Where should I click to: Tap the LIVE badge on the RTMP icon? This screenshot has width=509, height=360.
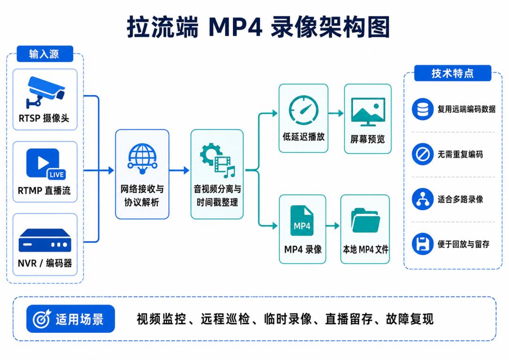click(x=57, y=175)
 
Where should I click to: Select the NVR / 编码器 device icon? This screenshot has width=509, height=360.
click(x=45, y=240)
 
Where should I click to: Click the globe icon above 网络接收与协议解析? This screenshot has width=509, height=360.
click(x=142, y=159)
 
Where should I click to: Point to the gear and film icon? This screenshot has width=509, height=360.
click(x=217, y=161)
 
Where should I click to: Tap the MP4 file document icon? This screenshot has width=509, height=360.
click(x=302, y=221)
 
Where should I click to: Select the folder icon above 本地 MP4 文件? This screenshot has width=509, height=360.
click(x=366, y=221)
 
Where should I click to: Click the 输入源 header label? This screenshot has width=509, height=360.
click(x=45, y=54)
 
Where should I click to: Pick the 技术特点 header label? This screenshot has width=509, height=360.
click(x=452, y=73)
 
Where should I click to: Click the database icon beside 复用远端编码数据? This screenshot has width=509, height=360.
click(x=423, y=109)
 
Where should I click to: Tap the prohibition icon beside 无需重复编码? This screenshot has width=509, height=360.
click(x=423, y=154)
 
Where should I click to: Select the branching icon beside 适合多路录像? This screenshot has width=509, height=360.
click(x=423, y=199)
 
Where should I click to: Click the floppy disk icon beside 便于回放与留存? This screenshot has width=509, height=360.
click(x=423, y=244)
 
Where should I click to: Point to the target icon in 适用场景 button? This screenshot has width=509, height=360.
click(x=42, y=319)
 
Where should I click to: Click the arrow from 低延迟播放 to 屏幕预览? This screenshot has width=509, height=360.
click(x=336, y=113)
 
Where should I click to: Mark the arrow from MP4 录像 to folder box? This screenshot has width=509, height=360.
click(x=333, y=226)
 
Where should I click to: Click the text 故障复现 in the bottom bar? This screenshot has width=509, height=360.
click(x=410, y=319)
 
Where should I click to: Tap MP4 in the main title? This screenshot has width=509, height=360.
click(x=235, y=27)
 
